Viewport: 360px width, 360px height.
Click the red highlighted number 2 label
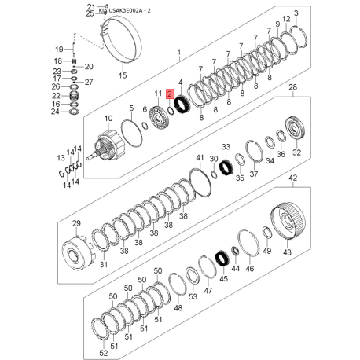click(x=169, y=93)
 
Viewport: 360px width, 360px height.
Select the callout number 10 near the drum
click(x=108, y=117)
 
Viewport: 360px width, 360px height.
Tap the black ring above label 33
click(x=226, y=167)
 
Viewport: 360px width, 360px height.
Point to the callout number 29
click(x=65, y=225)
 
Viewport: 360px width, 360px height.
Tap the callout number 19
click(x=58, y=48)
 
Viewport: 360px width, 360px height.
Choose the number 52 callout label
click(x=104, y=354)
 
